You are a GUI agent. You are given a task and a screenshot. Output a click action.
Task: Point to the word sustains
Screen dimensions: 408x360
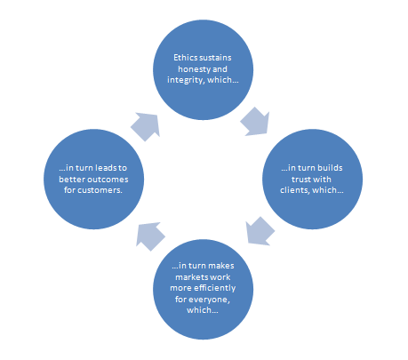click(216, 58)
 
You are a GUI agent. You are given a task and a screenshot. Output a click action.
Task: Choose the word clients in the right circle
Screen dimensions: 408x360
click(295, 190)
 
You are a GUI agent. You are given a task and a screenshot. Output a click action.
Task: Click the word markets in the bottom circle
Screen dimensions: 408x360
click(189, 277)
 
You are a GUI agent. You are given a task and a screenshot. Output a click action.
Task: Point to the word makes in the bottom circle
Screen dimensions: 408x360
click(221, 266)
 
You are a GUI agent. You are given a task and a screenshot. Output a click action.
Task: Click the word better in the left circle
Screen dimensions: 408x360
click(71, 180)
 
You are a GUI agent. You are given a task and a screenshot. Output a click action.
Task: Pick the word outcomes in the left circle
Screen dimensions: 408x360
click(107, 180)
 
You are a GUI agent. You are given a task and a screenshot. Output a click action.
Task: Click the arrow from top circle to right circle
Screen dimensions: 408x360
click(255, 122)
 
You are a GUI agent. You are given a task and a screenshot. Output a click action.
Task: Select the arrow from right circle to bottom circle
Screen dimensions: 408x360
click(260, 231)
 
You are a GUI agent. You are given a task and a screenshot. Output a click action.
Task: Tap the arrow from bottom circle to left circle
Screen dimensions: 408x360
click(150, 236)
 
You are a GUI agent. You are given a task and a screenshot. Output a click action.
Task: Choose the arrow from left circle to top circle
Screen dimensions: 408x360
click(146, 126)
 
